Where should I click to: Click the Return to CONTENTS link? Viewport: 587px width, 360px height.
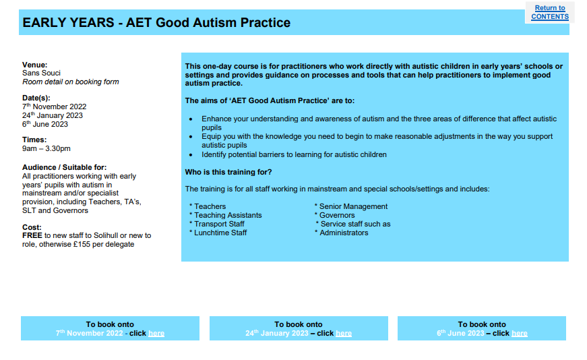[549, 13]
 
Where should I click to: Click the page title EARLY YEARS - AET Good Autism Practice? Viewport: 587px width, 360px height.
[156, 23]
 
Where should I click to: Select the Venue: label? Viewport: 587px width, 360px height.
[35, 65]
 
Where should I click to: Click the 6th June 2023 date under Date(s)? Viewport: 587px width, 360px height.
[45, 124]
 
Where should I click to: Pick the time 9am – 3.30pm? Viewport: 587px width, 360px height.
[47, 148]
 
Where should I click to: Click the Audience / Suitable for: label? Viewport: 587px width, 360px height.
[65, 167]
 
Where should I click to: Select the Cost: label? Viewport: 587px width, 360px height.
[32, 227]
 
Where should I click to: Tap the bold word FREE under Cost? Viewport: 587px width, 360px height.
[32, 235]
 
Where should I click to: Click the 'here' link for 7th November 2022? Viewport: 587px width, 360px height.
[156, 334]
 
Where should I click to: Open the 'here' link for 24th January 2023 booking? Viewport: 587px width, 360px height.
[344, 334]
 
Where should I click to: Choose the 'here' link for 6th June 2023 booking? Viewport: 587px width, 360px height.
[519, 334]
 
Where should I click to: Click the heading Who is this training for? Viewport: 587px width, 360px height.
[228, 172]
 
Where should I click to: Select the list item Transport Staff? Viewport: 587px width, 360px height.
[219, 224]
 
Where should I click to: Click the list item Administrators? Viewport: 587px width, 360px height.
[344, 233]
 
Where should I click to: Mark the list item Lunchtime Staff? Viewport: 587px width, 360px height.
[220, 233]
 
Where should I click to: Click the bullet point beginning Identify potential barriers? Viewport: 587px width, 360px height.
[294, 154]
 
